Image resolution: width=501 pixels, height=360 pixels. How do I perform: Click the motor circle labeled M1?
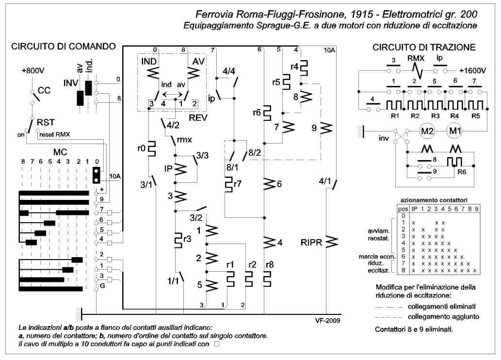[x=454, y=131]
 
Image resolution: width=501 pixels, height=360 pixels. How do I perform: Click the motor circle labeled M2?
[x=427, y=131]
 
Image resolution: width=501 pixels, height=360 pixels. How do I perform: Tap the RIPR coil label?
[x=311, y=243]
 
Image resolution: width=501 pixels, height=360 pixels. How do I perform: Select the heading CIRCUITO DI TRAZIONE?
[x=424, y=48]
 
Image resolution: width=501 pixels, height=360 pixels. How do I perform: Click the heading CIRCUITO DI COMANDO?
[x=63, y=47]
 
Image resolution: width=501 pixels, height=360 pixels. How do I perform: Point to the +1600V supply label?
[x=472, y=71]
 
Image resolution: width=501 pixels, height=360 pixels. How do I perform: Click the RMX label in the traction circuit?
[x=416, y=59]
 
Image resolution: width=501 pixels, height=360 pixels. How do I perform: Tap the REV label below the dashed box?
[x=198, y=118]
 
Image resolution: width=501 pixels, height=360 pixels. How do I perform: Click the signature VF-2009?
[x=327, y=320]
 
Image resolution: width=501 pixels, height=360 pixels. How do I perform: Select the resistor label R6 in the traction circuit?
[x=462, y=172]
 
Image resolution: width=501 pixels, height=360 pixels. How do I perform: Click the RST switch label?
[x=46, y=122]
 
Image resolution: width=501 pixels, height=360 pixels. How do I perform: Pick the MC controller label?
[x=60, y=152]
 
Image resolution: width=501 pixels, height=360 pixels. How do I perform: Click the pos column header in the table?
[x=403, y=209]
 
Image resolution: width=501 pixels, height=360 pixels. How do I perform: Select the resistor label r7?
[x=237, y=184]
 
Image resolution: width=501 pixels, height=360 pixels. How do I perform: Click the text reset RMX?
[x=55, y=134]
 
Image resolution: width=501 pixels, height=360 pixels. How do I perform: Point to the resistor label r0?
[x=142, y=148]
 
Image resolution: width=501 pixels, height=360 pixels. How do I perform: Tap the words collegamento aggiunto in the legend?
[x=443, y=317]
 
